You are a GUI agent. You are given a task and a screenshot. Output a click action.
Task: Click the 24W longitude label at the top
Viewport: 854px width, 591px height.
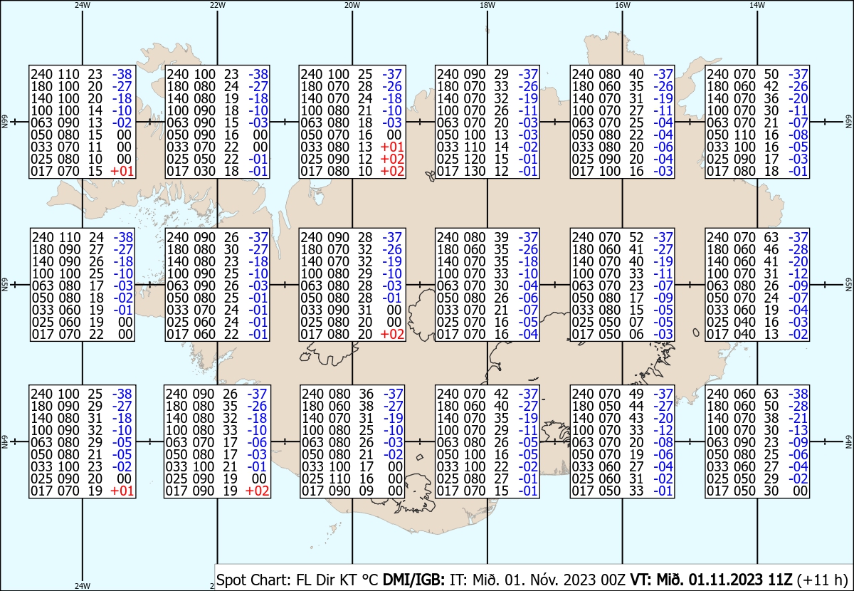(83, 5)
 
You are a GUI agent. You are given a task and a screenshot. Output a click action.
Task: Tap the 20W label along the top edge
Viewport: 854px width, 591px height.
(352, 5)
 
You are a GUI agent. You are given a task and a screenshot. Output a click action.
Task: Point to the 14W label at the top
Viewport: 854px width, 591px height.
(757, 5)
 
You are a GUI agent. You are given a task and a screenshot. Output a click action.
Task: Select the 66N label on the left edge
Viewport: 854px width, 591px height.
(4, 122)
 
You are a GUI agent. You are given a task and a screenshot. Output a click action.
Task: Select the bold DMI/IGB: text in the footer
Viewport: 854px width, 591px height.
(413, 580)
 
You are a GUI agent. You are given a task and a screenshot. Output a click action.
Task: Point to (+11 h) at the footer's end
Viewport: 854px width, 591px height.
(822, 580)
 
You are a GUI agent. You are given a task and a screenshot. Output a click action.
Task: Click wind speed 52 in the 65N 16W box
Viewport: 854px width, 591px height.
(636, 237)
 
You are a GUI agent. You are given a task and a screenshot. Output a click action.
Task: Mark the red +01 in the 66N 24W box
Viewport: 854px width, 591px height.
(122, 172)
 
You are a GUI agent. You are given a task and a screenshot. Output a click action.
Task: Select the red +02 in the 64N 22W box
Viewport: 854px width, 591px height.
(258, 491)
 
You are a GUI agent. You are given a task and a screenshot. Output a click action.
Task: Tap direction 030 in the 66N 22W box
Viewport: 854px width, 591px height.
(205, 172)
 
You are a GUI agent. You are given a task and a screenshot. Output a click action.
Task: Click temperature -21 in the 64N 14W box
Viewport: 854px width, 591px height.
(798, 418)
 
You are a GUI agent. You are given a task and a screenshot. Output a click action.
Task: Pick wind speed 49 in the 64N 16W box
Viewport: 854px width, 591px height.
(636, 394)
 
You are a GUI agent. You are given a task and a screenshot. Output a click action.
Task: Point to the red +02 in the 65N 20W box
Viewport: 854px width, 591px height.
(392, 334)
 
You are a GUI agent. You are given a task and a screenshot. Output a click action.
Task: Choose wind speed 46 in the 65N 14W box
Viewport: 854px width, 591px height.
(771, 249)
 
